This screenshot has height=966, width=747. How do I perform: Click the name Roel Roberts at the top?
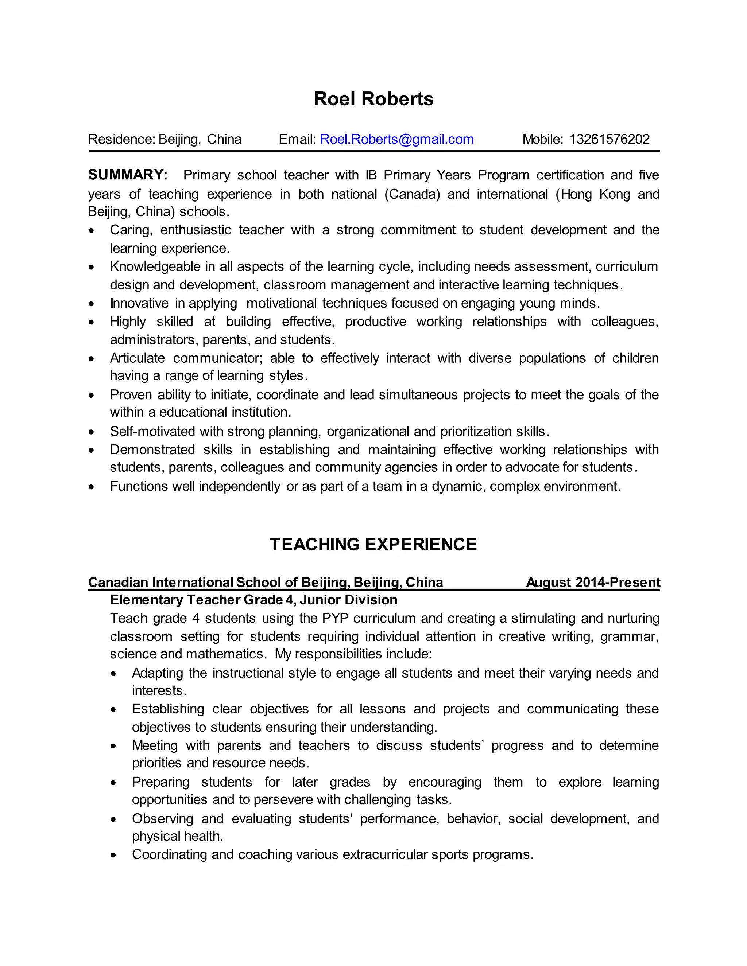[x=373, y=99]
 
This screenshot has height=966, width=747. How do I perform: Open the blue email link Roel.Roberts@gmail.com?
[x=396, y=139]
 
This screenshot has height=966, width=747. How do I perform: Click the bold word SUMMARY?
[x=127, y=175]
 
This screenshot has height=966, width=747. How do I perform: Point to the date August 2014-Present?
[x=593, y=582]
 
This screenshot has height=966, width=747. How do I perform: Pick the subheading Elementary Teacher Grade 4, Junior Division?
[x=253, y=600]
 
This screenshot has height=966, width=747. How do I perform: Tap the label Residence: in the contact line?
[x=121, y=139]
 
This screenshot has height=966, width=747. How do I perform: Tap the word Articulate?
[x=137, y=358]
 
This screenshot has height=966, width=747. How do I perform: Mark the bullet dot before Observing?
[x=113, y=819]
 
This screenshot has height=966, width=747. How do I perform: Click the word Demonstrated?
[x=152, y=449]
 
